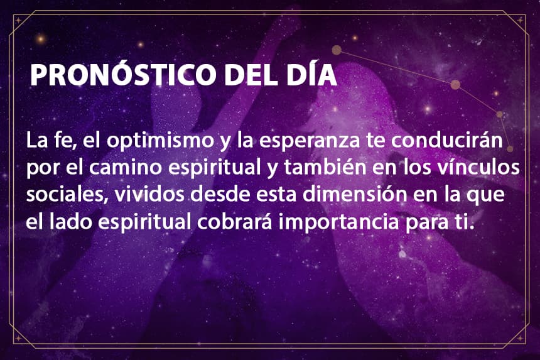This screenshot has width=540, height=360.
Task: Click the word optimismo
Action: pos(160,141)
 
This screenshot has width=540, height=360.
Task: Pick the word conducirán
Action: pos(447,139)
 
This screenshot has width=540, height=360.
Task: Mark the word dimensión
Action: pos(355,194)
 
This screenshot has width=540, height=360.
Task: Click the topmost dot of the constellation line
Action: pos(337,50)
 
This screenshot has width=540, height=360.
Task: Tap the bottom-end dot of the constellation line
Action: pos(510,149)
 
